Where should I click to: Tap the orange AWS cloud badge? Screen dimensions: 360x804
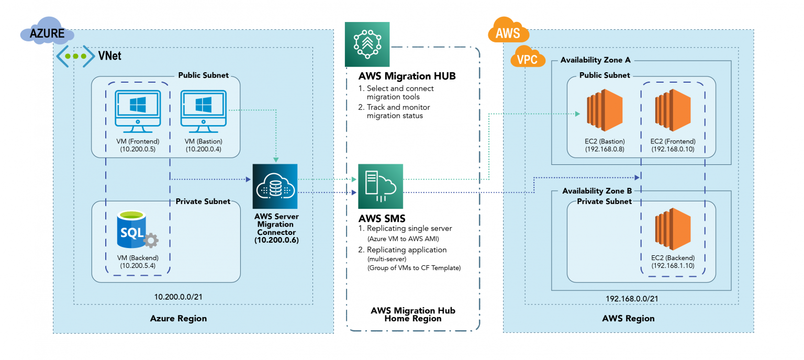coord(508,32)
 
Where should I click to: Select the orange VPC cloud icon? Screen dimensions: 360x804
coord(527,59)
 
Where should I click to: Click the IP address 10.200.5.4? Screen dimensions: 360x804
coord(138,266)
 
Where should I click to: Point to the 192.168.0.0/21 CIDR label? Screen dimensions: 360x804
coord(628,298)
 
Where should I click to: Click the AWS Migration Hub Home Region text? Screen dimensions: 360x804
coord(413,314)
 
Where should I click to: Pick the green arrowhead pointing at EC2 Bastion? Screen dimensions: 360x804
coord(577,114)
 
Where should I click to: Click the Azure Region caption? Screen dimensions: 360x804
coord(178,318)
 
